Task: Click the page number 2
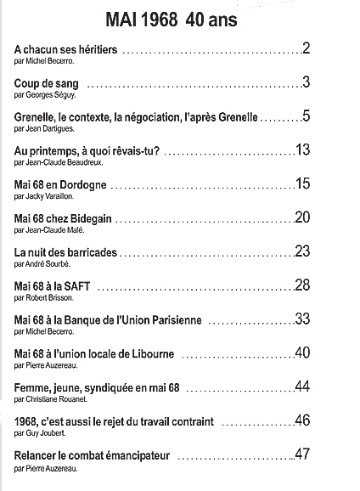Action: pyautogui.click(x=306, y=48)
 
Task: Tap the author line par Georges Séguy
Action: pyautogui.click(x=43, y=95)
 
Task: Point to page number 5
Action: pyautogui.click(x=306, y=116)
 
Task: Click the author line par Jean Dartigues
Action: pyautogui.click(x=43, y=129)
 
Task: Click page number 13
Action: pyautogui.click(x=303, y=150)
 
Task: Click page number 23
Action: pyautogui.click(x=303, y=251)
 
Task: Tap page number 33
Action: pyautogui.click(x=303, y=319)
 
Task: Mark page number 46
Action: pyautogui.click(x=303, y=421)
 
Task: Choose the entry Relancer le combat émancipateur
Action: pyautogui.click(x=92, y=456)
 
